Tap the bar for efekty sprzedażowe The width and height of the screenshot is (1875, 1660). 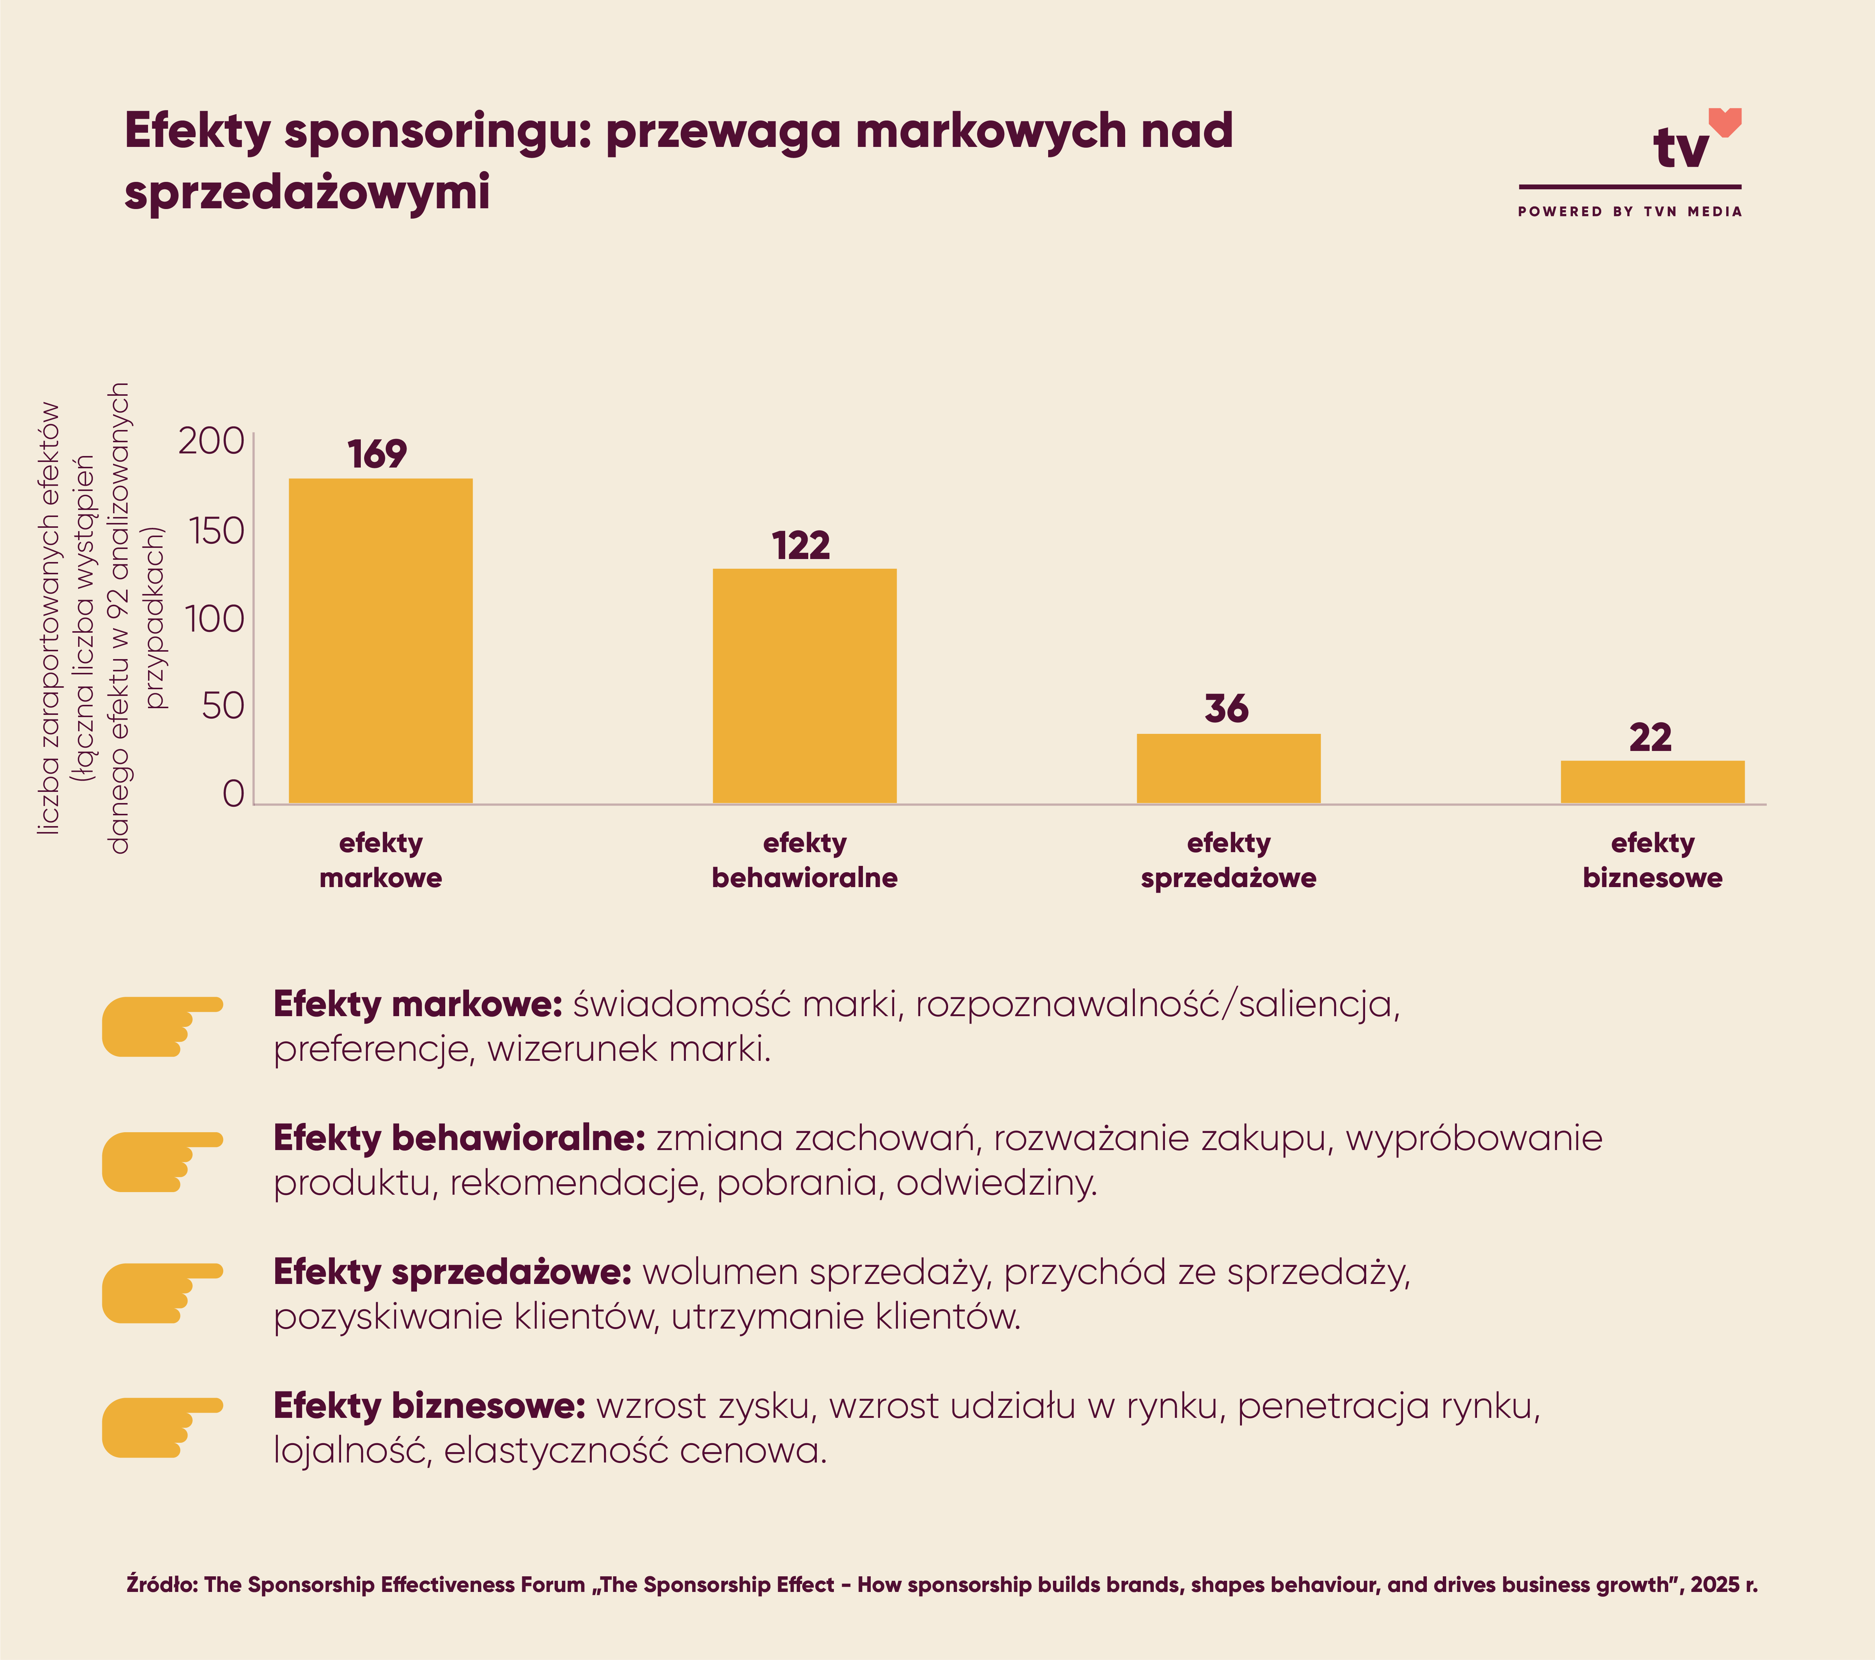(x=1228, y=768)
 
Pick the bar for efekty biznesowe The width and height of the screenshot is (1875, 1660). (x=1652, y=782)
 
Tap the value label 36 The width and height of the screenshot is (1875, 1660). (x=1226, y=709)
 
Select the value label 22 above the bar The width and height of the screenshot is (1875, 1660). (x=1650, y=737)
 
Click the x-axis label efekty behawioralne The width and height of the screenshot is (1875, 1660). (x=805, y=860)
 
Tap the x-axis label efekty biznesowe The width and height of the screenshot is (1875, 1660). (x=1652, y=860)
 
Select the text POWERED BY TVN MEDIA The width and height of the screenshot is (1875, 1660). (x=1629, y=212)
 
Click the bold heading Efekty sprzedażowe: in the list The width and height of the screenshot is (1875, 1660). (x=452, y=1272)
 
